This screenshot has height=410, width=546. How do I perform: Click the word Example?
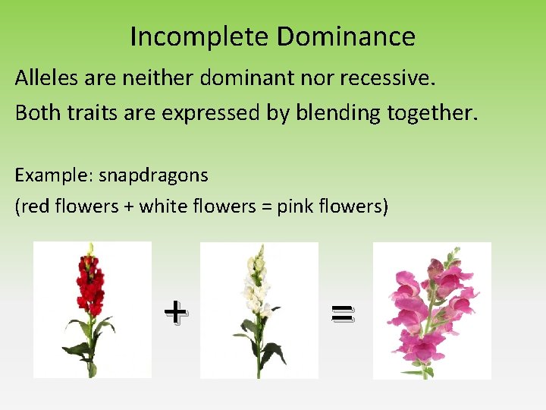tap(50, 175)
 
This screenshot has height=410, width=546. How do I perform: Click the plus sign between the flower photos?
tap(174, 311)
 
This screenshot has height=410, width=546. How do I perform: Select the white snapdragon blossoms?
tap(255, 285)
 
